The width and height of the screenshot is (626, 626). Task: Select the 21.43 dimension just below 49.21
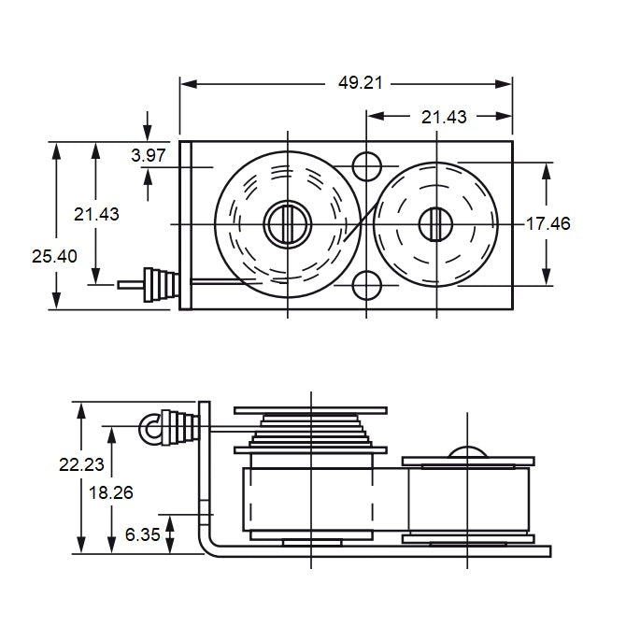(x=444, y=117)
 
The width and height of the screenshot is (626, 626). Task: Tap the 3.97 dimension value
(x=149, y=156)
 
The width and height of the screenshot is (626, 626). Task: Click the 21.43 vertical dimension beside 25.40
(x=96, y=214)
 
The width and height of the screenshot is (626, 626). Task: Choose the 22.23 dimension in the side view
(x=108, y=463)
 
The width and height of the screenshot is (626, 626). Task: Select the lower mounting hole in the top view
(x=366, y=284)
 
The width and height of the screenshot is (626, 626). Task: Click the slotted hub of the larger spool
(x=287, y=223)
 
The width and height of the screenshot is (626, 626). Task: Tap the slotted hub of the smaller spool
(x=434, y=223)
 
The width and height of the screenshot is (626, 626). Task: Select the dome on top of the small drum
(x=467, y=454)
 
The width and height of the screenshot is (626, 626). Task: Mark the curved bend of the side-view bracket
(x=207, y=544)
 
